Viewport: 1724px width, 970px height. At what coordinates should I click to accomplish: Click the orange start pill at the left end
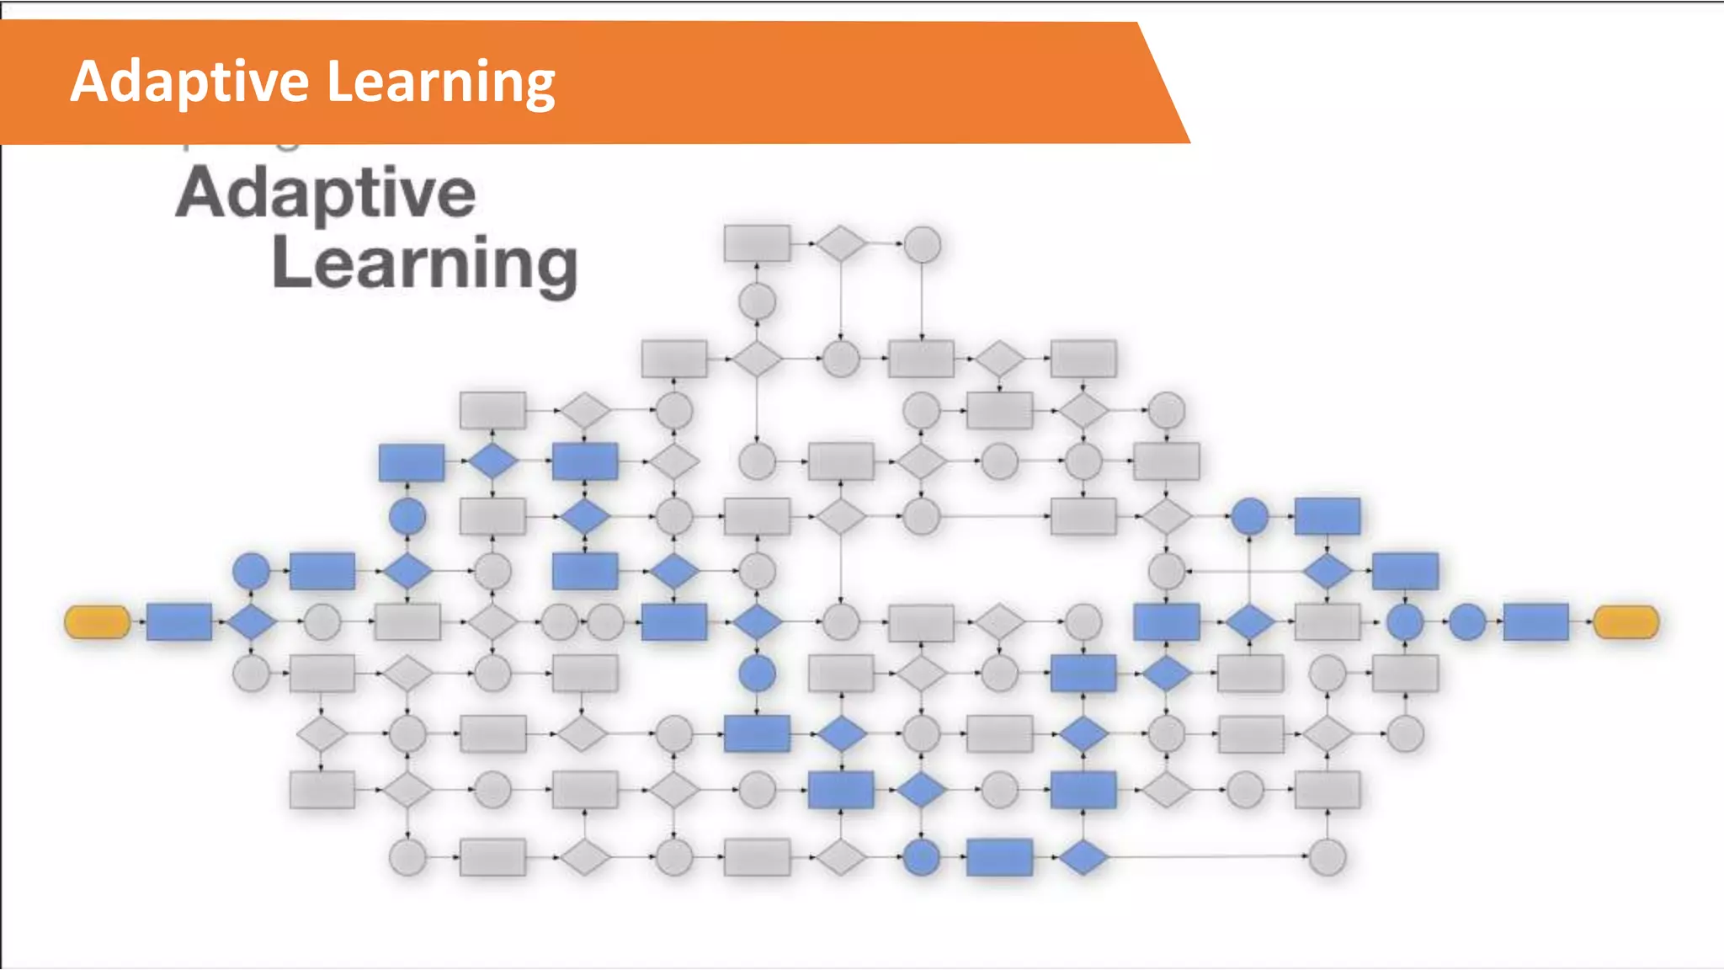click(97, 622)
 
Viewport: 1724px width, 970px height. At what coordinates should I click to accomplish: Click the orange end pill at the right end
click(1626, 622)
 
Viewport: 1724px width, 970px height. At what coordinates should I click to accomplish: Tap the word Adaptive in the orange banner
click(190, 82)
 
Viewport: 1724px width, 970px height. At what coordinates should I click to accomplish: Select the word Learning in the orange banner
click(440, 82)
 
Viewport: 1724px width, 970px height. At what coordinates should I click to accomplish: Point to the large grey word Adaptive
click(326, 194)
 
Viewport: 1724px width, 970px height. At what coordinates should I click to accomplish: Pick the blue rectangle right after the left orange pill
click(178, 622)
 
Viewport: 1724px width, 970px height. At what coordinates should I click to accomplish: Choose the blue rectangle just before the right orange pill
click(1535, 622)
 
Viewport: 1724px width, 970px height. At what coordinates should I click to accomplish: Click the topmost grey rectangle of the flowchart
click(757, 243)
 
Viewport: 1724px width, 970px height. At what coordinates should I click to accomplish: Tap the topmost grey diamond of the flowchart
click(840, 243)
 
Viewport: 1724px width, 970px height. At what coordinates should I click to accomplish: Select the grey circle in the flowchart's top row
click(922, 244)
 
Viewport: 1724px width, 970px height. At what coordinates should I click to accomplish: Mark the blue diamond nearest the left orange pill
click(252, 622)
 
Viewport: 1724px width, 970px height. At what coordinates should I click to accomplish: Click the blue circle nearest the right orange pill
click(1467, 622)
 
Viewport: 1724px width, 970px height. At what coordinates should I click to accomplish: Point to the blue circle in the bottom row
click(921, 857)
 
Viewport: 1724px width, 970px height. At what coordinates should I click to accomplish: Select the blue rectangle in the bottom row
click(999, 857)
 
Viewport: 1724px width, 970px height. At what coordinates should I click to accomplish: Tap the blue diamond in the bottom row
click(1083, 857)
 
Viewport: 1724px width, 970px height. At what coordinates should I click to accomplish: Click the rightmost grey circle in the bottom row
click(1328, 857)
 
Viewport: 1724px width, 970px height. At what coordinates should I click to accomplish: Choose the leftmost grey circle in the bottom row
click(407, 857)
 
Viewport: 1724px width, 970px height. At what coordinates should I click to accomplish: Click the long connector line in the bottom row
click(1204, 856)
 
